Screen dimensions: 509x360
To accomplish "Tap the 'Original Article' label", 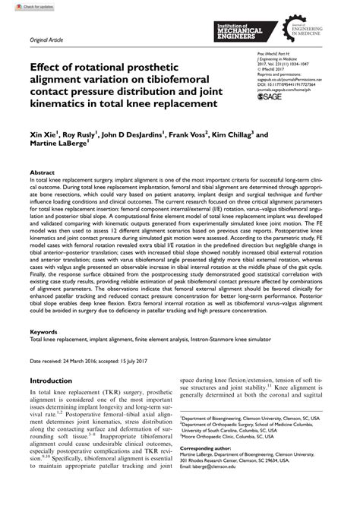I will click(x=44, y=36).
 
